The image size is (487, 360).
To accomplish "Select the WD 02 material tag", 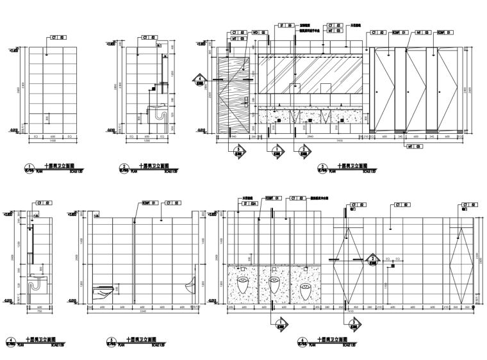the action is point(254,32).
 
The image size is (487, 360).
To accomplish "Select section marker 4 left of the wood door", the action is point(201,80).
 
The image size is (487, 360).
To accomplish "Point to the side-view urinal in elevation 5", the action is point(192,283).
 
